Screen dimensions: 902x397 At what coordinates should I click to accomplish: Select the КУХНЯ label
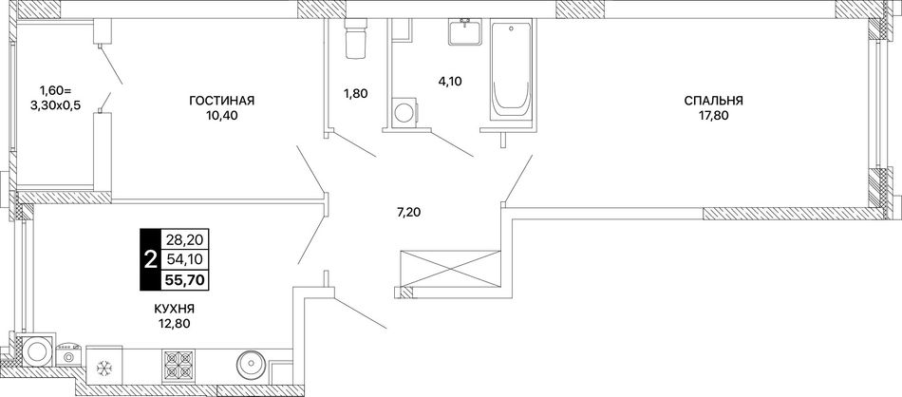175,309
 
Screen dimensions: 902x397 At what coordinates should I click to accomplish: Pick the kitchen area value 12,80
175,323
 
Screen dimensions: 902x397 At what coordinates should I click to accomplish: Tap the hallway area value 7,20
409,214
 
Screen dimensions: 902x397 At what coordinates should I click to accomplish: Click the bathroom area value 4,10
450,81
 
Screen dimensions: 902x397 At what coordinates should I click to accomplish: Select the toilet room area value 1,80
355,93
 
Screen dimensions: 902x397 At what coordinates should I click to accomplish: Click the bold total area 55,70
186,279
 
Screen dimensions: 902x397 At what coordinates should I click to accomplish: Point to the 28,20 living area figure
186,238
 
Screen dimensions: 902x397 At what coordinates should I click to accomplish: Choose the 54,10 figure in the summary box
186,259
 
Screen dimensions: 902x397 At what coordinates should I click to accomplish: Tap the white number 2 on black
150,259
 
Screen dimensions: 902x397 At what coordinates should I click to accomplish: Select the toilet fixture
355,39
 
